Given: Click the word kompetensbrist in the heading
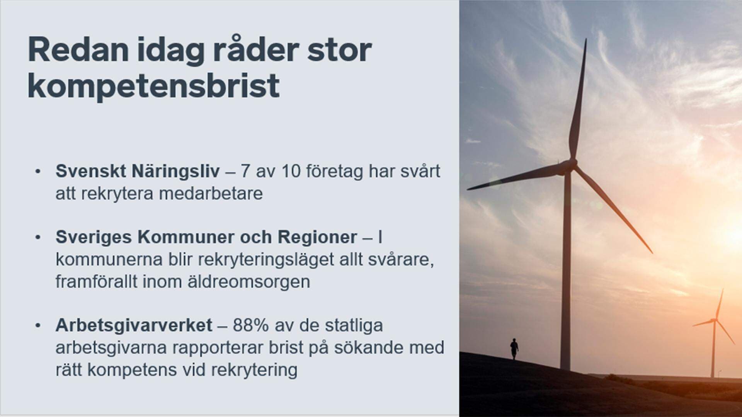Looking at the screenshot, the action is click(153, 86).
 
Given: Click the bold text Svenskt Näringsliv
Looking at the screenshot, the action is click(138, 171).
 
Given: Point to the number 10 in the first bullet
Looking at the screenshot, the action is click(291, 171).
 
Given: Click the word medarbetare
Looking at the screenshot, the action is click(211, 193).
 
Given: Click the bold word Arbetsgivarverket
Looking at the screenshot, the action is click(134, 325).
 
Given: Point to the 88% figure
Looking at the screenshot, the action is click(250, 325).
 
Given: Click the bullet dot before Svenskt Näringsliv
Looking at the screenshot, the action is click(37, 172).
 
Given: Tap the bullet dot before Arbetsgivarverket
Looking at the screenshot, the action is click(37, 326).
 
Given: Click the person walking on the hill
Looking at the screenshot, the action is click(514, 349).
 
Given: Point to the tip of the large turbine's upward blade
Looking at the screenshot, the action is click(585, 39).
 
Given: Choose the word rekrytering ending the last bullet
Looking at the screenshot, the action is click(254, 370).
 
